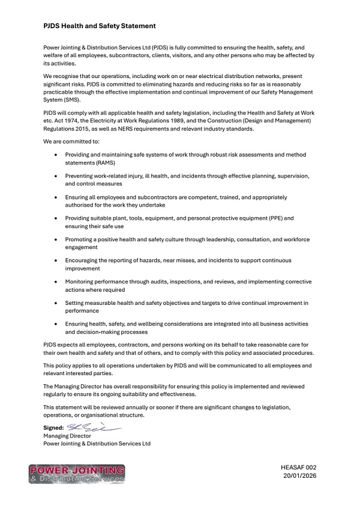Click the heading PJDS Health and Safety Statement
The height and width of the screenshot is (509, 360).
100,26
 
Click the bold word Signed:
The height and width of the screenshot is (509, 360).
53,428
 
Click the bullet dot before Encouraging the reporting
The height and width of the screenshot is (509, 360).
56,261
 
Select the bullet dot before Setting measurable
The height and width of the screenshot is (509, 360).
56,304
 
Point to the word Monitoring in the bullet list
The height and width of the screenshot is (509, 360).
80,282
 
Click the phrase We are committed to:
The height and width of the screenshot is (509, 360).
71,141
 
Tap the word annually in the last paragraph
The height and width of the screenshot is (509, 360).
143,408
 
